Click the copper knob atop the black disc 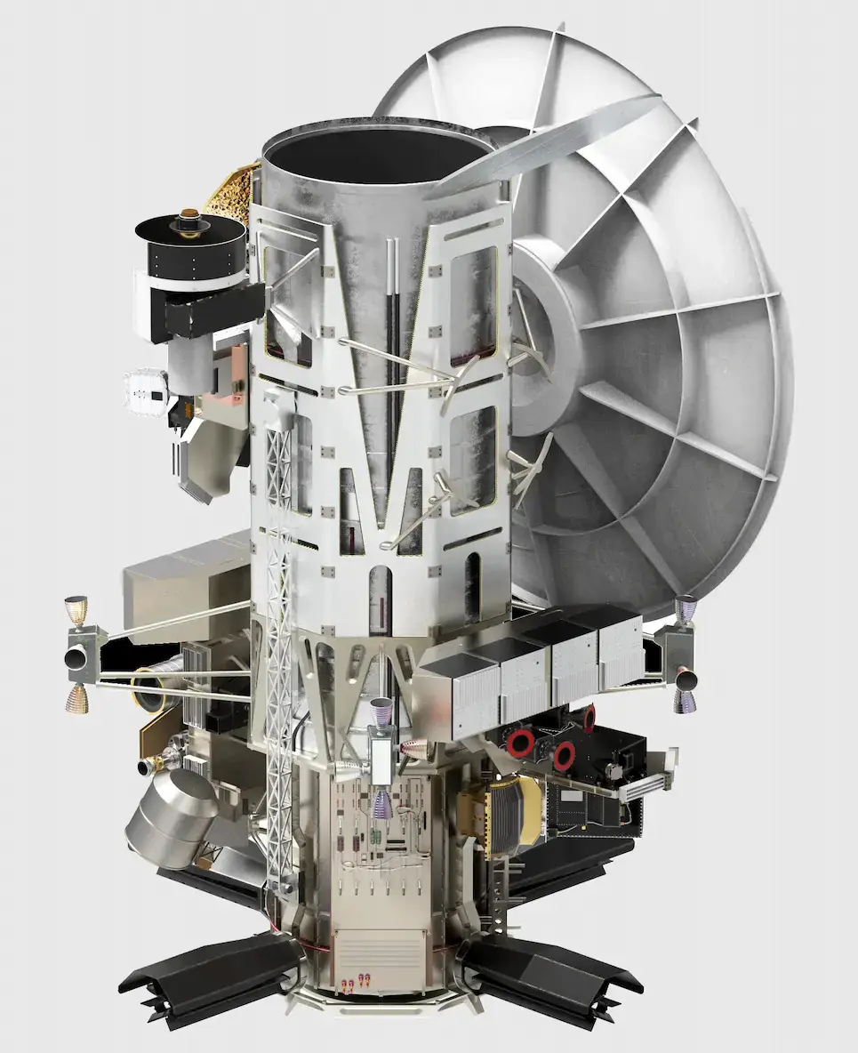point(189,218)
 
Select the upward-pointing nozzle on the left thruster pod point(74,610)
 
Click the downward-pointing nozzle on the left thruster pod point(76,699)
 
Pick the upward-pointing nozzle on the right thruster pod point(684,608)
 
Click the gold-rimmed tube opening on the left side point(150,695)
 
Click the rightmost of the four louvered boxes point(620,654)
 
